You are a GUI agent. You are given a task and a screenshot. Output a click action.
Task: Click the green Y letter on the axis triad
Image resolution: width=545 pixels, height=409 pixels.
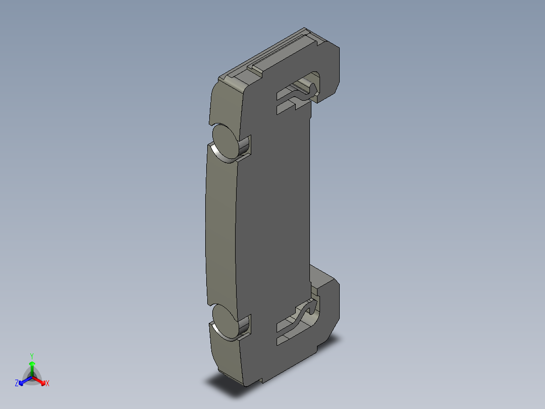pyautogui.click(x=32, y=356)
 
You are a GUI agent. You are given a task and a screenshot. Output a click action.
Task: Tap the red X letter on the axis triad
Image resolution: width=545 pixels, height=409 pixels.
pyautogui.click(x=47, y=384)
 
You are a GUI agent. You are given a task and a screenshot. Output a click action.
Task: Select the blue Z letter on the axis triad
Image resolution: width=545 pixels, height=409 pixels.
pyautogui.click(x=17, y=384)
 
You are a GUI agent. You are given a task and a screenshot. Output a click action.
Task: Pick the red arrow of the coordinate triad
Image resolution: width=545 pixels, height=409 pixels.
pyautogui.click(x=40, y=380)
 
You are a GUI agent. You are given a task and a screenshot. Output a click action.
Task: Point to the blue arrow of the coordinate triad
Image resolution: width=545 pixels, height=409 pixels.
pyautogui.click(x=24, y=380)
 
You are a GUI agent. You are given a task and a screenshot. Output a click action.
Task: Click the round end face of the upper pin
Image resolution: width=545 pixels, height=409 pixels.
pyautogui.click(x=225, y=142)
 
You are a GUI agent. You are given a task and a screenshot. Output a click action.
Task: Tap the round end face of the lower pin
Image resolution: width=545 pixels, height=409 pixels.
pyautogui.click(x=224, y=321)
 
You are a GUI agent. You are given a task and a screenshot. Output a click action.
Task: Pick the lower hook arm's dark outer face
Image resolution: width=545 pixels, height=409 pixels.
pyautogui.click(x=329, y=309)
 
